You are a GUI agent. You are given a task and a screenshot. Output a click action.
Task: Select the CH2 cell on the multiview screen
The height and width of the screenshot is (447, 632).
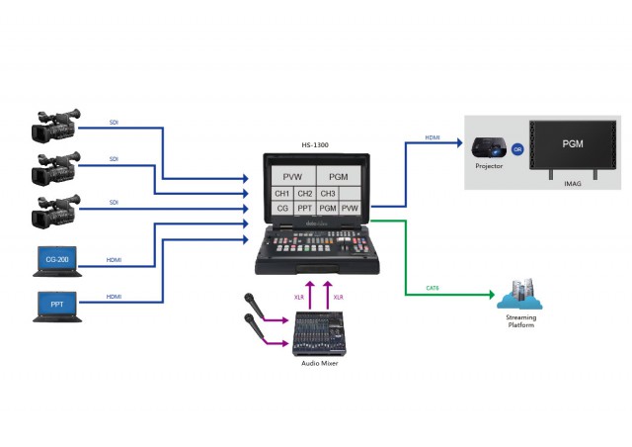pos(305,194)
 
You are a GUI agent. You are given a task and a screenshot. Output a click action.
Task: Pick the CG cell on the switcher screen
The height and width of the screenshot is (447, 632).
pos(282,209)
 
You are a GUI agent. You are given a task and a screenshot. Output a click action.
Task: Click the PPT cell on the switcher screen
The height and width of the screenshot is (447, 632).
pos(305,209)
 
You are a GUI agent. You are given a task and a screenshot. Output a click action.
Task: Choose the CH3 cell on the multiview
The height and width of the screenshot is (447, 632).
pos(329,194)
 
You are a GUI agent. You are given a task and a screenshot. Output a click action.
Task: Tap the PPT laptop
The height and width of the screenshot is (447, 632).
pos(56,305)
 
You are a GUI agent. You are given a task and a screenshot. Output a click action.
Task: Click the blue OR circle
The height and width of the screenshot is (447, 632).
pos(517,150)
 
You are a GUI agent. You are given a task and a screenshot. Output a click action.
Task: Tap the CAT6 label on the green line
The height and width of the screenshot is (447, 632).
pos(433,289)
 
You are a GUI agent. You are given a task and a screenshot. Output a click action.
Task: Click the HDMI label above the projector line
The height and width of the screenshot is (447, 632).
pos(433,137)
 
